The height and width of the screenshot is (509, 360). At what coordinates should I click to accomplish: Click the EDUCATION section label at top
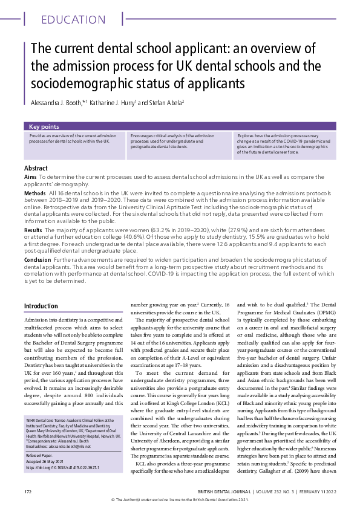click(x=74, y=19)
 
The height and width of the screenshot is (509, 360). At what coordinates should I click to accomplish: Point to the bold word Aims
click(x=31, y=177)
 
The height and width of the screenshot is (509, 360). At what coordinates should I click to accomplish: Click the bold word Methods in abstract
click(x=35, y=192)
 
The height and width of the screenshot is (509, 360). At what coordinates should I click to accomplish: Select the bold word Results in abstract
click(x=33, y=232)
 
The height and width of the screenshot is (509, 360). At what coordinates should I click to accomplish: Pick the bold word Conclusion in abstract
click(x=38, y=258)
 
